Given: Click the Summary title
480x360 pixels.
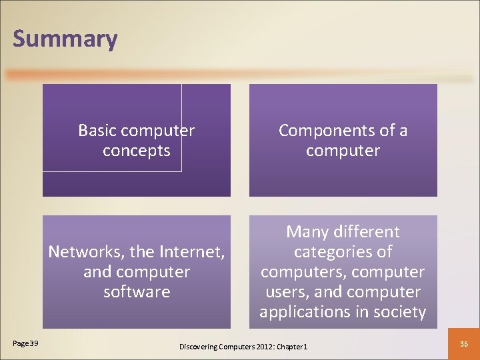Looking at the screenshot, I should click(x=65, y=39).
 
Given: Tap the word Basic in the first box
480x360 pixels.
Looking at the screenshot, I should click(x=96, y=131).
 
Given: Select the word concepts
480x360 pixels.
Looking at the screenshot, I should click(x=137, y=151).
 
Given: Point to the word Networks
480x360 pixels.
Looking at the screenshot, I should click(x=79, y=252).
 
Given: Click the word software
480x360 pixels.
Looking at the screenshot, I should click(x=137, y=292).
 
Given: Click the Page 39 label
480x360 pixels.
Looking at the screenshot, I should click(x=25, y=343).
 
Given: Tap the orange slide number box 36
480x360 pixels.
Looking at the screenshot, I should click(x=465, y=343).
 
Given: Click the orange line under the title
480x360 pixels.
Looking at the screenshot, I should click(x=240, y=75).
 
